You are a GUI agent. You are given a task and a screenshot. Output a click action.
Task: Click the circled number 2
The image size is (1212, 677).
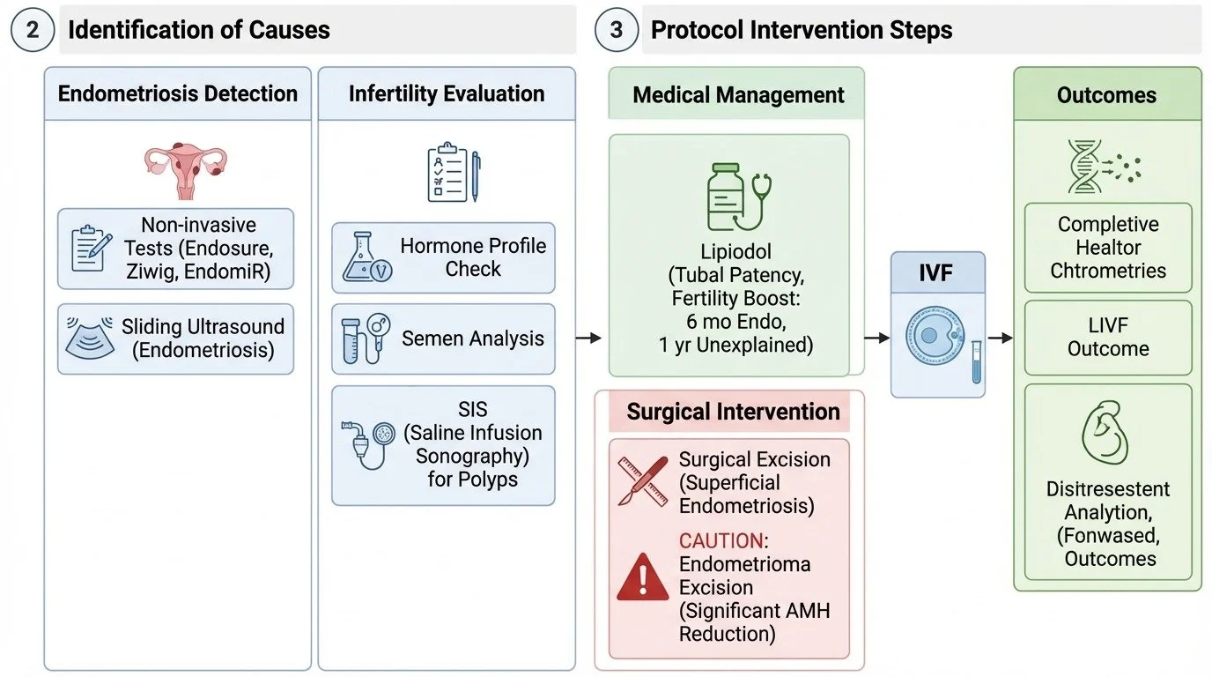point(33,30)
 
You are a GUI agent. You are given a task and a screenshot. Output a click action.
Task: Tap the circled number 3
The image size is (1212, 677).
point(616,30)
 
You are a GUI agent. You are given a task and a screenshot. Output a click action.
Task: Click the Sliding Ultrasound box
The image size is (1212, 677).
point(175,338)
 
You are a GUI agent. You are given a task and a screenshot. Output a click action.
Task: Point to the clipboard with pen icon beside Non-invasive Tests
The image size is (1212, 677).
point(92,249)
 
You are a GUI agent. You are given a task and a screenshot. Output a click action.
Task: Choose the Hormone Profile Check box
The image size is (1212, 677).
point(443,257)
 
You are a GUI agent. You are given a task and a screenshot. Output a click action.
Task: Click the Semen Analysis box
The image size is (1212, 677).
point(443,338)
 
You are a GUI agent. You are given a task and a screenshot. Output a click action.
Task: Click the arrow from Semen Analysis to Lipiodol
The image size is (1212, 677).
point(588,338)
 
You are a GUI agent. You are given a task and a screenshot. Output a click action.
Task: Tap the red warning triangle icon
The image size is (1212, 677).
point(643,578)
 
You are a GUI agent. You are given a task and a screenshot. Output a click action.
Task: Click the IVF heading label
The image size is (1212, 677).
point(936,273)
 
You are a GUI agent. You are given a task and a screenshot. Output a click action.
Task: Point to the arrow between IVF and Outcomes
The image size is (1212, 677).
point(999,338)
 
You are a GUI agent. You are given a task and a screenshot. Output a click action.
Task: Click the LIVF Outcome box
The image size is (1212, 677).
point(1108,338)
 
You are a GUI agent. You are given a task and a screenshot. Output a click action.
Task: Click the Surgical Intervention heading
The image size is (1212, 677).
point(733,412)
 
